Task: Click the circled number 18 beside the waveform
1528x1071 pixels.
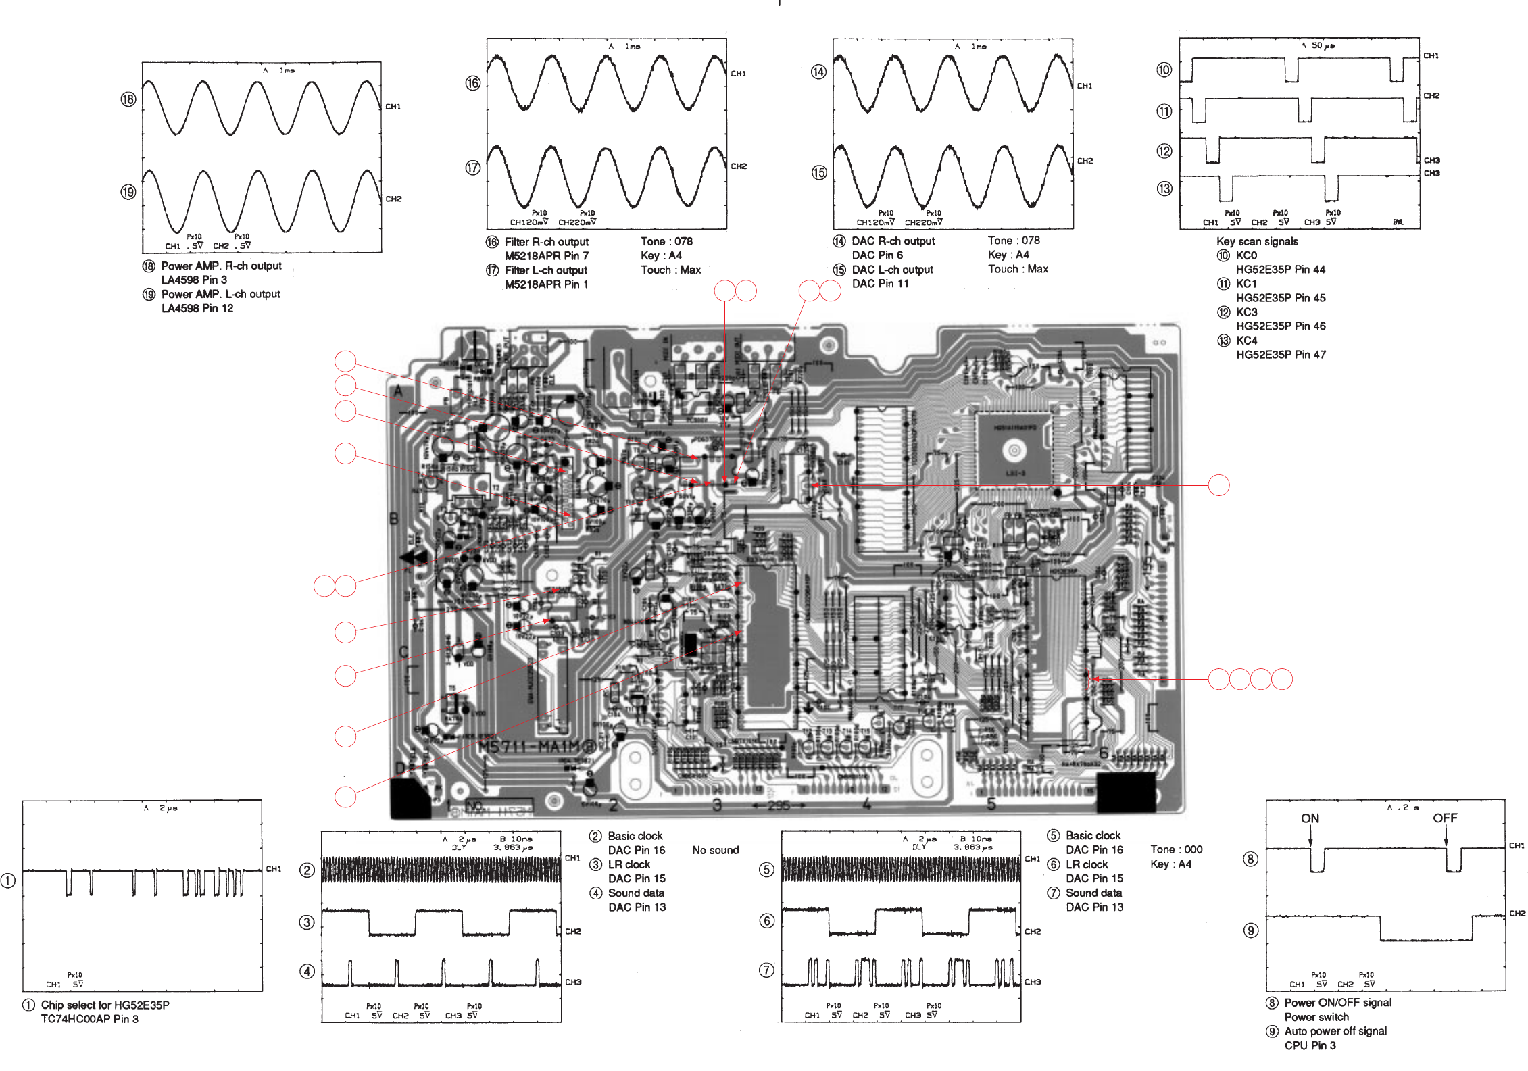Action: tap(128, 99)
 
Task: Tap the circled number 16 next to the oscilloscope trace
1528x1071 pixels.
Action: tap(472, 83)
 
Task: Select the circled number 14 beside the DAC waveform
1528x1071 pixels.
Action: tap(818, 72)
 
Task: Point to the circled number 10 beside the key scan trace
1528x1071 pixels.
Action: tap(1164, 70)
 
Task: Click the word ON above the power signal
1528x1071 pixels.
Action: tap(1310, 818)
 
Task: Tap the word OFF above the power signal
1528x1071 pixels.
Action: tap(1445, 818)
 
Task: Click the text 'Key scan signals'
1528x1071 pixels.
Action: tap(1257, 241)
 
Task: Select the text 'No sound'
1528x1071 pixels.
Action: tap(715, 850)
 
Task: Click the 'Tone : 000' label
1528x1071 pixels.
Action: tap(1176, 849)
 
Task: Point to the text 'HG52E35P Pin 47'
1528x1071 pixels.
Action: tap(1281, 355)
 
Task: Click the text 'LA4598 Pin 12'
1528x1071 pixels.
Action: tap(197, 308)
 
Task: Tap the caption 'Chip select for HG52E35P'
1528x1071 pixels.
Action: tap(105, 1005)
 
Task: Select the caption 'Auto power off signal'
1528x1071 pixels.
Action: tap(1335, 1031)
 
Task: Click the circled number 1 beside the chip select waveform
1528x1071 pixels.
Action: tap(8, 880)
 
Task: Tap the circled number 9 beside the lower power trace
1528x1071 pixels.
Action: tap(1251, 930)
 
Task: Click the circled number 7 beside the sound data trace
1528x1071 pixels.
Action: tap(766, 970)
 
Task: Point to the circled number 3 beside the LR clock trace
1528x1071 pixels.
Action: tap(307, 922)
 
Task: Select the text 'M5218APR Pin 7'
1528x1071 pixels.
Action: tap(546, 256)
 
